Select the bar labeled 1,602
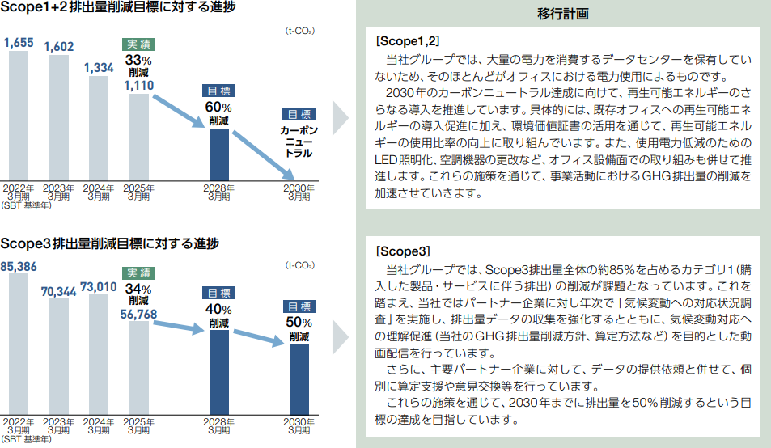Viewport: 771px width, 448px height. pos(59,117)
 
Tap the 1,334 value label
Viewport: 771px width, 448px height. pos(99,69)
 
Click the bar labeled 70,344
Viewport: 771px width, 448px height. pos(59,356)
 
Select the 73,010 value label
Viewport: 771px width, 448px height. pos(99,285)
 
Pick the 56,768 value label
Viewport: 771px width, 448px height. pos(139,314)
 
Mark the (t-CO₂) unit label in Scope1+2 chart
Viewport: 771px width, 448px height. pos(299,31)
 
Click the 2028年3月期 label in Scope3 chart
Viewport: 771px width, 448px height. pos(219,425)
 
